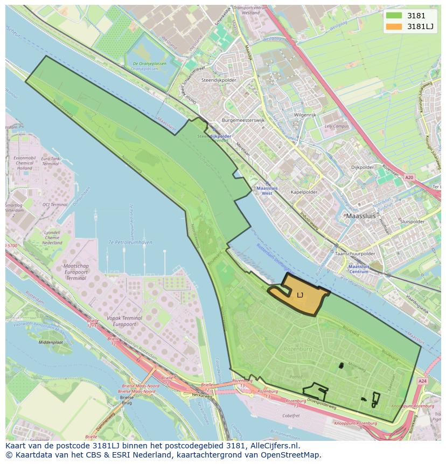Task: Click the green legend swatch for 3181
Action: point(394,16)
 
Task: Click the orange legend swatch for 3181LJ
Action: point(394,26)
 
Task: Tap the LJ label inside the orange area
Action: point(300,295)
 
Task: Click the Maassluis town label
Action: point(360,216)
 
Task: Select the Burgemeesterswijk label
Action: point(243,121)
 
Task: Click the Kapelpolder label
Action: point(304,192)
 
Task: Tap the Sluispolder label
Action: point(413,221)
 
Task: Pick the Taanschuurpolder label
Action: point(354,253)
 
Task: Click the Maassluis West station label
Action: point(264,191)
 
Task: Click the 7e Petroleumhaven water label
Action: point(130,243)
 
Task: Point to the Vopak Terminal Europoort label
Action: point(124,322)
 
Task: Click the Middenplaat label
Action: point(51,342)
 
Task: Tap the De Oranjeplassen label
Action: point(148,66)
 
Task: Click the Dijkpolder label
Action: point(362,168)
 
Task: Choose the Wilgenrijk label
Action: point(305,115)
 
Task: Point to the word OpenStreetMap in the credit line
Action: point(294,455)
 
